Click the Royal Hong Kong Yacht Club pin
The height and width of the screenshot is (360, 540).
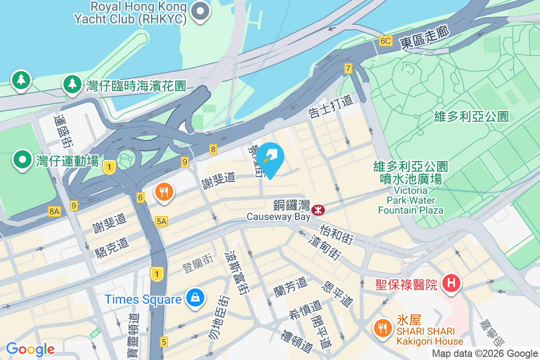200,12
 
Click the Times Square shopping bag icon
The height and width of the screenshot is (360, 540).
195,298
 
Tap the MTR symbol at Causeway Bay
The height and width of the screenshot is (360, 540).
318,209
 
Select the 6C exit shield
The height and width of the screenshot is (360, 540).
386,41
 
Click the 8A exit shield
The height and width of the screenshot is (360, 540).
54,211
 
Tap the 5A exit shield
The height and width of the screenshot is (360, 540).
161,221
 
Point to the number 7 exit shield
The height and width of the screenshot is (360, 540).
348,68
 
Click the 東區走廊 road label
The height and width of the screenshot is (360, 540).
422,42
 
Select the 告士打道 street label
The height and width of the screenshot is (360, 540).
331,107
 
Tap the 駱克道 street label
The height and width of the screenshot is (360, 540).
112,247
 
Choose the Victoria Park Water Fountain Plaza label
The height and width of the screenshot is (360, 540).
410,200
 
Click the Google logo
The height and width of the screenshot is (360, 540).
31,349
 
